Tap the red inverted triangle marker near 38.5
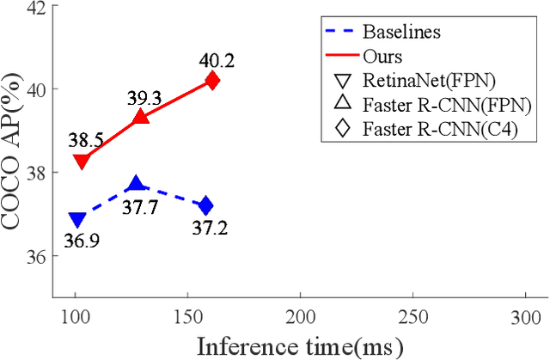point(82,161)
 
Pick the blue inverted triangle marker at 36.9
point(77,221)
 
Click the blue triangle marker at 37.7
point(135,184)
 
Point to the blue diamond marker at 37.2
point(205,206)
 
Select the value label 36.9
point(80,241)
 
